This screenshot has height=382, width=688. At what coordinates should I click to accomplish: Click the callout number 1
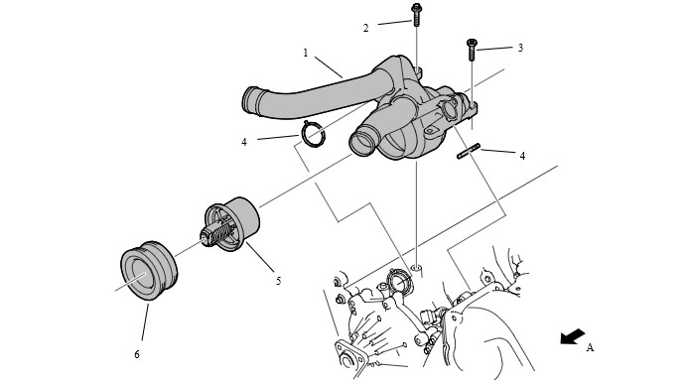tap(306, 53)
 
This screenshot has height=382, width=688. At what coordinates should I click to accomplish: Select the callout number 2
tap(366, 28)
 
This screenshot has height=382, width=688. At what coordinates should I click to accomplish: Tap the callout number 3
tap(520, 48)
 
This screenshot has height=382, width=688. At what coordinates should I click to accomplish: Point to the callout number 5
tap(279, 281)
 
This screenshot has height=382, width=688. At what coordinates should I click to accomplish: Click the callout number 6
tap(137, 354)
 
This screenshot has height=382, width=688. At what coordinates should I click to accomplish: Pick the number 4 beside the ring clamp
tap(244, 142)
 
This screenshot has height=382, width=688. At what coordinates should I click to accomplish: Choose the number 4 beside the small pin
tap(522, 156)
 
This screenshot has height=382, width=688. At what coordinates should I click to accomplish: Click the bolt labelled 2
tap(416, 15)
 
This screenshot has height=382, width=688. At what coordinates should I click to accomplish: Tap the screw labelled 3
tap(472, 50)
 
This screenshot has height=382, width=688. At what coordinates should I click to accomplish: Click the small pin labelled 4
tap(469, 151)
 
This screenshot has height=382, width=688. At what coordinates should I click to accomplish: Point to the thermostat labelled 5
tap(231, 223)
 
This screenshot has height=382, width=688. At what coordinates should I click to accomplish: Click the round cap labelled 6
tap(149, 270)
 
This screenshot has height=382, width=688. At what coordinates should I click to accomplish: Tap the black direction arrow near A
tap(573, 336)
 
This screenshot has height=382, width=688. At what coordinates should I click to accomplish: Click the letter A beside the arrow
tap(590, 348)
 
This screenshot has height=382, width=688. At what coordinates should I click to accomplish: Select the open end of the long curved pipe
tap(250, 102)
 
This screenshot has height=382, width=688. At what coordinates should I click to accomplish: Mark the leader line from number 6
tap(145, 321)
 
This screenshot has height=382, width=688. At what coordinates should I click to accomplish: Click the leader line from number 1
tap(329, 67)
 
